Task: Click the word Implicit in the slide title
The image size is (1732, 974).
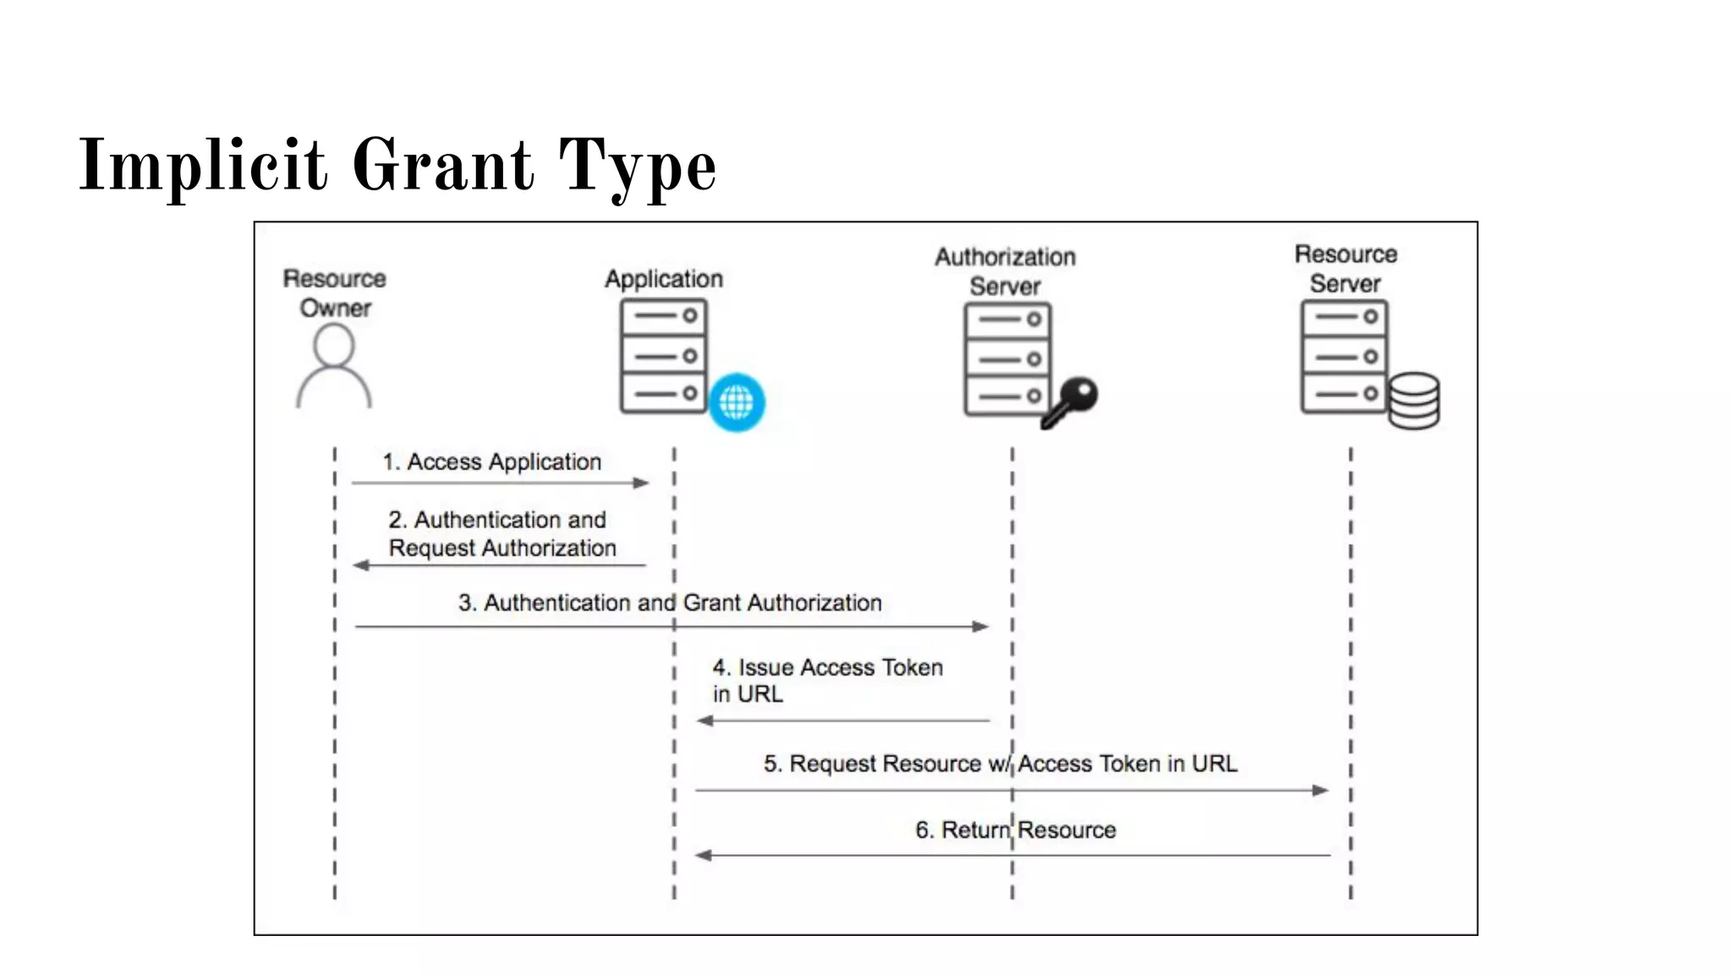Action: [203, 166]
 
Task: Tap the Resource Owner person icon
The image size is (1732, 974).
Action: [334, 367]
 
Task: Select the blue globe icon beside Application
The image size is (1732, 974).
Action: [737, 402]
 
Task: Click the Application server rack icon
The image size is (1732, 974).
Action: [664, 356]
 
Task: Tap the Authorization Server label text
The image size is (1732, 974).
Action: [1005, 271]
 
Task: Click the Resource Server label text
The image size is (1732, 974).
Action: [1346, 269]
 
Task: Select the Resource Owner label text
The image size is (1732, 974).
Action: [335, 293]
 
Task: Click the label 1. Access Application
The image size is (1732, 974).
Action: [492, 462]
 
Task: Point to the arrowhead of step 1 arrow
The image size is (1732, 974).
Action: [642, 483]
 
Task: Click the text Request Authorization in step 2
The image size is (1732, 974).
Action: [502, 548]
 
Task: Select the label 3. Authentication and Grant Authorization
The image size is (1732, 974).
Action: [670, 603]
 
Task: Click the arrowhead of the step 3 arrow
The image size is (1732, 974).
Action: [981, 627]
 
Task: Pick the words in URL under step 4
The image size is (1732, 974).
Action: [748, 694]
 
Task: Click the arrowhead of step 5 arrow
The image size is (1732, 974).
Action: [1320, 791]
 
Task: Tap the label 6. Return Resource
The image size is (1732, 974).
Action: [1016, 830]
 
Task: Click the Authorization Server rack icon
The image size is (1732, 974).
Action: [1007, 359]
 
